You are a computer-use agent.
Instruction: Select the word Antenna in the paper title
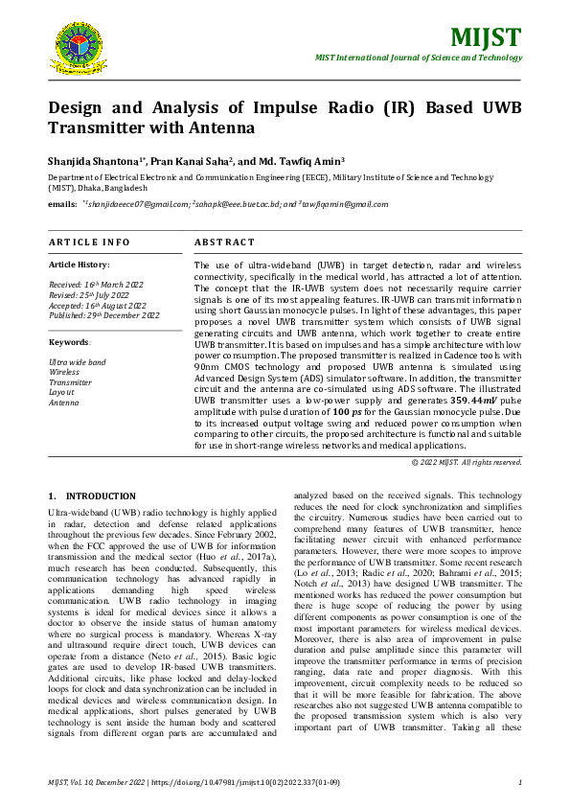pyautogui.click(x=226, y=127)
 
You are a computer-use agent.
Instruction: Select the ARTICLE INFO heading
pyautogui.click(x=89, y=242)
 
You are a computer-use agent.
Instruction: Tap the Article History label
pyautogui.click(x=79, y=265)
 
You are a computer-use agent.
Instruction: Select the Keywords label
pyautogui.click(x=69, y=342)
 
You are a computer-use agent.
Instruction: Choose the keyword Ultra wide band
pyautogui.click(x=78, y=362)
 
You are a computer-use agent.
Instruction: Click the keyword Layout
pyautogui.click(x=61, y=392)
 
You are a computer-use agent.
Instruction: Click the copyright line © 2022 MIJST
pyautogui.click(x=467, y=462)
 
